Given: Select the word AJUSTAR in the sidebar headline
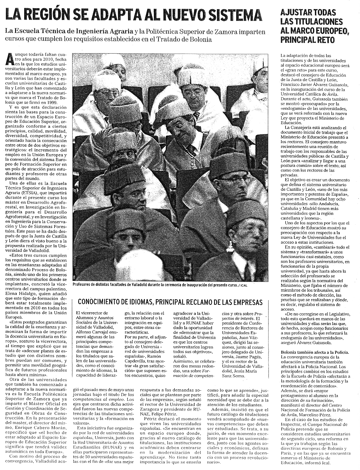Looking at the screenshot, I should point(295,13).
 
